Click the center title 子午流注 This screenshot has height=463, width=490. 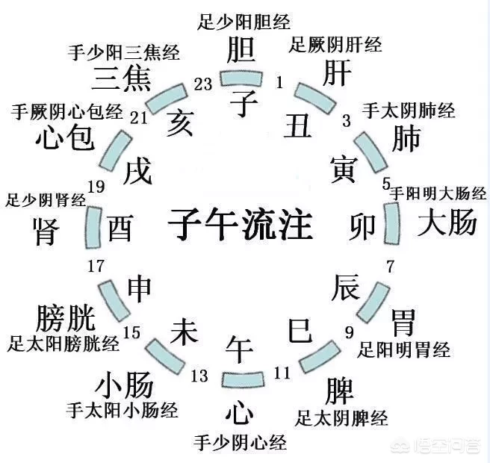click(x=240, y=222)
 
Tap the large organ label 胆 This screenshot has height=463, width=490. click(x=241, y=52)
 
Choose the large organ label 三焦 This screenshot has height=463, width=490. click(x=122, y=78)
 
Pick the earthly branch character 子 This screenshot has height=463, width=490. click(x=244, y=100)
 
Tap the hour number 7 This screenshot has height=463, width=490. click(x=390, y=267)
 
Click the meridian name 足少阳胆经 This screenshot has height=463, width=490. click(x=244, y=20)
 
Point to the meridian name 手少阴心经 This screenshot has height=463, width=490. click(x=240, y=442)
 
